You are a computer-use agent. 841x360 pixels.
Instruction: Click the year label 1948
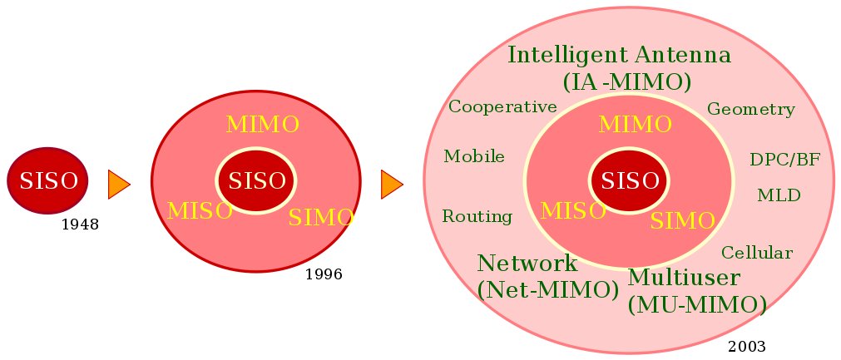tap(80, 224)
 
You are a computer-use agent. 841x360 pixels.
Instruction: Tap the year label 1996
tap(324, 274)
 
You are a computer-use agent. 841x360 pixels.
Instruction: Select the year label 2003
tap(746, 346)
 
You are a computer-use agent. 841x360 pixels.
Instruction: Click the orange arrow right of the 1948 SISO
tap(119, 184)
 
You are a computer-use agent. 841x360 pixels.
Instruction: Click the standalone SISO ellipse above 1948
tap(48, 180)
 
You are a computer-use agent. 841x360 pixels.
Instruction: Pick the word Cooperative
tap(502, 106)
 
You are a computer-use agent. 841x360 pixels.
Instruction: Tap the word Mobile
tap(474, 156)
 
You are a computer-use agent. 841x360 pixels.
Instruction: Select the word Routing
tap(477, 217)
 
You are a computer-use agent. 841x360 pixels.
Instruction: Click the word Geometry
tap(750, 110)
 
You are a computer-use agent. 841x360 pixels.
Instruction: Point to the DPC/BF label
tap(784, 160)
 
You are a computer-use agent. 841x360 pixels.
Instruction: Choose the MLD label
tap(779, 195)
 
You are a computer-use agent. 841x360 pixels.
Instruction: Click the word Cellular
tap(756, 253)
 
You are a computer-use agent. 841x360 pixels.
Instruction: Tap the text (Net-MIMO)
tap(548, 290)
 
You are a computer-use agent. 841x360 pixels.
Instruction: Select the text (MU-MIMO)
tap(697, 305)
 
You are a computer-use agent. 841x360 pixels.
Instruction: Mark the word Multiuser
tap(684, 277)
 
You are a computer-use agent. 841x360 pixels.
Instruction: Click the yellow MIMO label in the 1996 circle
tap(263, 125)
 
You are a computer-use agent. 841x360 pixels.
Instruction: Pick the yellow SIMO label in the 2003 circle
tap(682, 220)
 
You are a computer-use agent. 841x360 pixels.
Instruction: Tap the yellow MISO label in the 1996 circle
tap(200, 211)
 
